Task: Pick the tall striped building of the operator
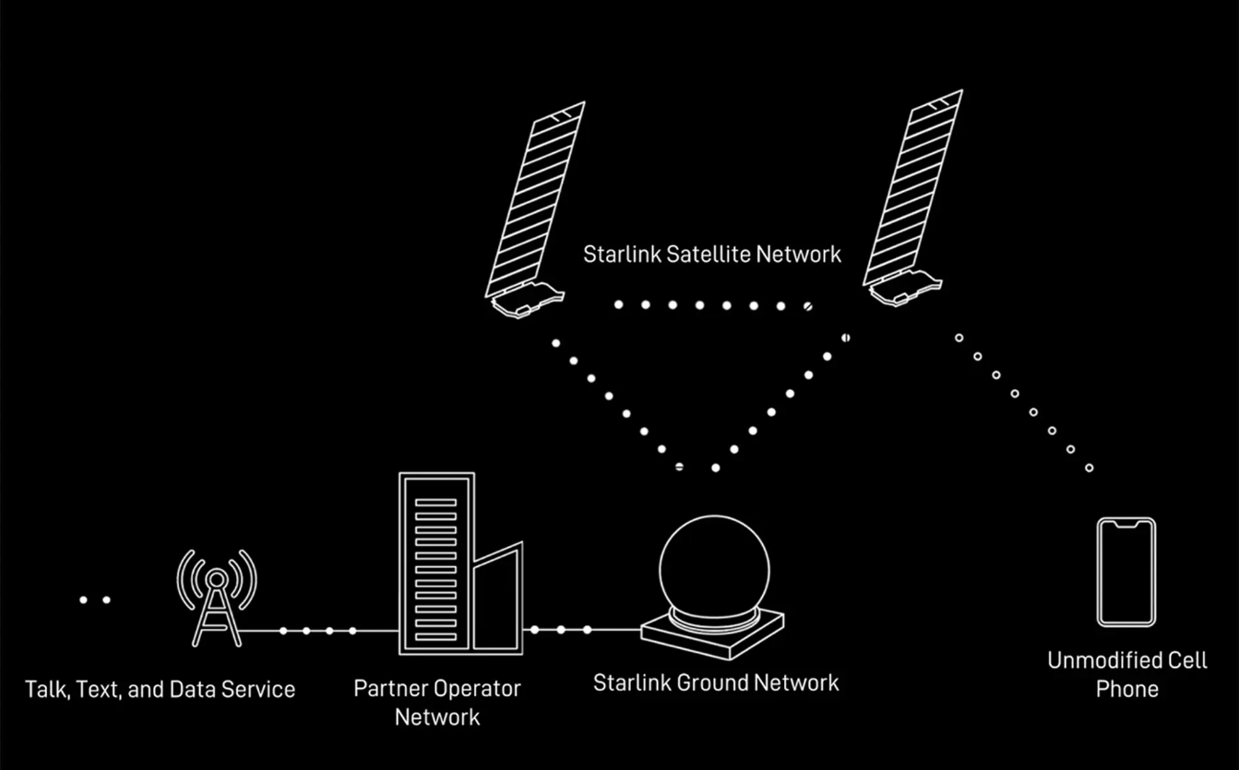click(436, 563)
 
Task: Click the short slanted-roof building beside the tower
click(498, 599)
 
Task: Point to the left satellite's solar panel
click(535, 199)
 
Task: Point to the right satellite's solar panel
click(912, 187)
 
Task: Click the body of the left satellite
click(527, 300)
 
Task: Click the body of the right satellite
click(905, 288)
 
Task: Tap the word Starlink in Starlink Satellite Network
click(622, 255)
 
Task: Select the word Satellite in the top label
click(709, 255)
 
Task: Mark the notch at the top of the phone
click(1126, 524)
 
